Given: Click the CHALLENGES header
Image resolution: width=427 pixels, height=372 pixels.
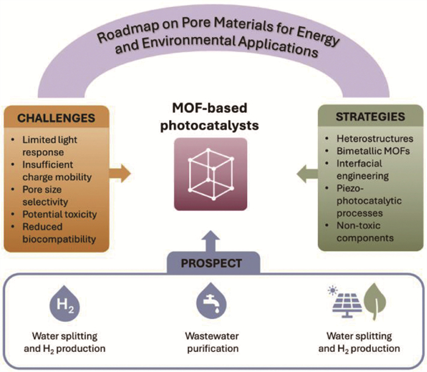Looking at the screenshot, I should [x=56, y=118].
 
